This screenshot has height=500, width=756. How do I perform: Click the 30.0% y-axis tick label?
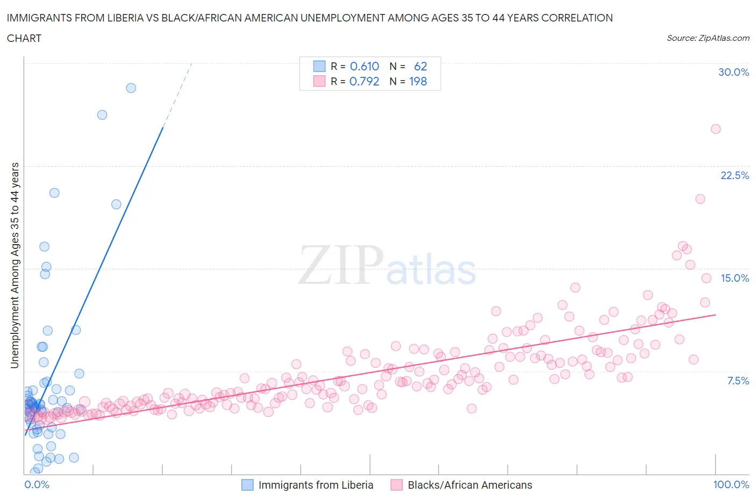pos(733,72)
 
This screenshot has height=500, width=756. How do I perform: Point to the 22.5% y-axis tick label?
pos(734,175)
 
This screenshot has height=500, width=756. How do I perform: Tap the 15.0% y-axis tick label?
pos(734,278)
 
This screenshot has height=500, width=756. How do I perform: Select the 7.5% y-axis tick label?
pos(738,381)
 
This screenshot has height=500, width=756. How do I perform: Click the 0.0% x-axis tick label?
pos(37,484)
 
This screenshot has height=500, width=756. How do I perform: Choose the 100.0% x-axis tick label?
pos(731,484)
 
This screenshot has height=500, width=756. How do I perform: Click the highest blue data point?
pos(131,88)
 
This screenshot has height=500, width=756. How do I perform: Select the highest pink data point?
pos(715,129)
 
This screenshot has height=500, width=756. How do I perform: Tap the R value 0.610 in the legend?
pos(365,66)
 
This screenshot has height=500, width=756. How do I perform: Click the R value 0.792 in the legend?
pos(364,81)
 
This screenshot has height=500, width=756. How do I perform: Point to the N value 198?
pos(418,81)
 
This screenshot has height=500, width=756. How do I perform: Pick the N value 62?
pos(420,66)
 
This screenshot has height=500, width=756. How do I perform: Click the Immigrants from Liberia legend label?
pos(316,485)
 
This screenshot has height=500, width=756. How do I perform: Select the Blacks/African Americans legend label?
pos(469,485)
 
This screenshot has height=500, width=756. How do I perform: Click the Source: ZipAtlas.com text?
pos(708,38)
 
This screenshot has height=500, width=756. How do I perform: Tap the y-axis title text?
pos(15,265)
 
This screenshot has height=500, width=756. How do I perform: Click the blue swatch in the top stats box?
pos(319,66)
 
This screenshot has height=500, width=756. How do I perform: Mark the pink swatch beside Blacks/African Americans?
pos(397,485)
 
